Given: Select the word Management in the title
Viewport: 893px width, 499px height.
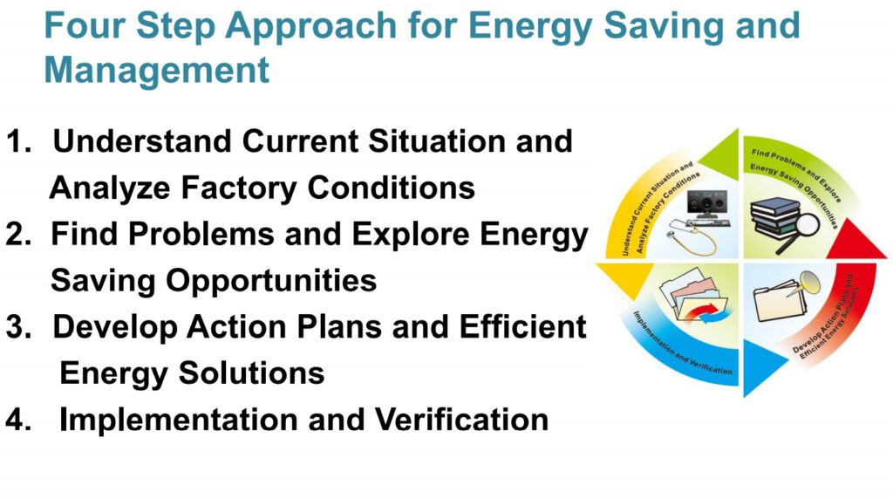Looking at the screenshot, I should [157, 70].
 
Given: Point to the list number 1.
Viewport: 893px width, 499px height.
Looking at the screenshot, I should [18, 142].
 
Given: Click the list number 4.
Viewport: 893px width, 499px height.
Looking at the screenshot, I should [18, 420].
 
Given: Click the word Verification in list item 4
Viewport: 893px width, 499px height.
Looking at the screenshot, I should [461, 420].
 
